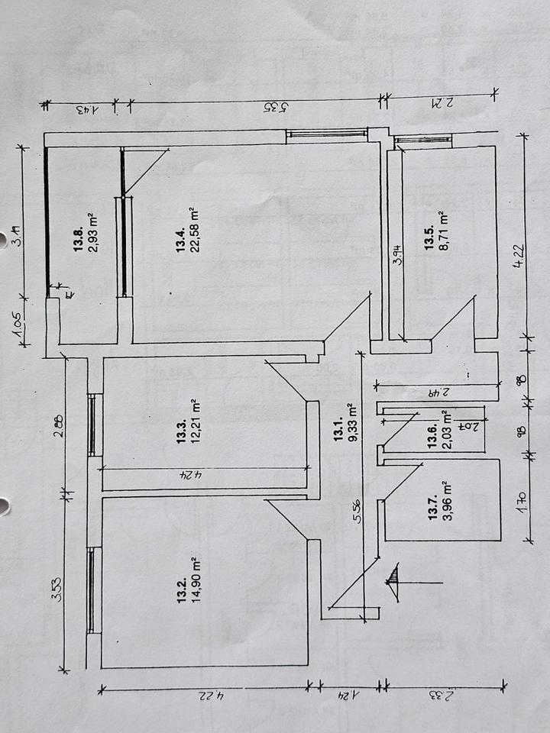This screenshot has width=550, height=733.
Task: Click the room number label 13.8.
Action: (x=78, y=231)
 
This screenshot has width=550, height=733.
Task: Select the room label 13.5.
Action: (x=430, y=238)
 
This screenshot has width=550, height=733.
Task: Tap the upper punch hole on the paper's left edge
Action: (x=4, y=236)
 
